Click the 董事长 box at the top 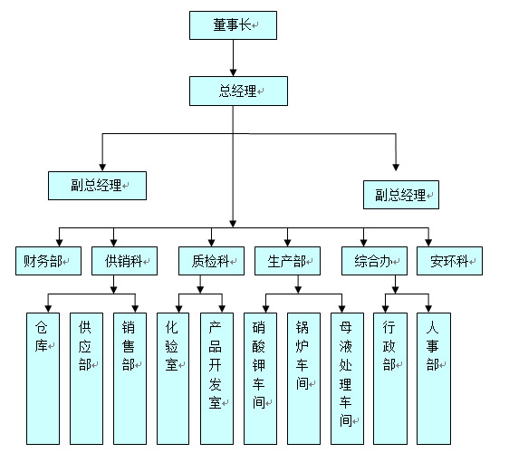tap(233, 25)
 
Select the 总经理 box tap(238, 91)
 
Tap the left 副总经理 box tap(98, 186)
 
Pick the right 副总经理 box tap(401, 195)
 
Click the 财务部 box tap(48, 261)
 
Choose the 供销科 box tap(124, 261)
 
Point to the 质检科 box tap(211, 261)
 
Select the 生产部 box tap(288, 261)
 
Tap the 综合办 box tap(374, 261)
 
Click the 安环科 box tap(449, 261)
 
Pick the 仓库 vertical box tap(43, 379)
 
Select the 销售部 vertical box tap(130, 379)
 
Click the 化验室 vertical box tap(173, 379)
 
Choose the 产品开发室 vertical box tap(216, 379)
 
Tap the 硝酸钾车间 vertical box tap(260, 379)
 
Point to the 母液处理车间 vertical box tap(348, 379)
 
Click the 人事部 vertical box tap(434, 379)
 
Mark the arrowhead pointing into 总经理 tap(233, 72)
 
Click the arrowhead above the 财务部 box tap(60, 243)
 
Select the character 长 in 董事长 tap(245, 24)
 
